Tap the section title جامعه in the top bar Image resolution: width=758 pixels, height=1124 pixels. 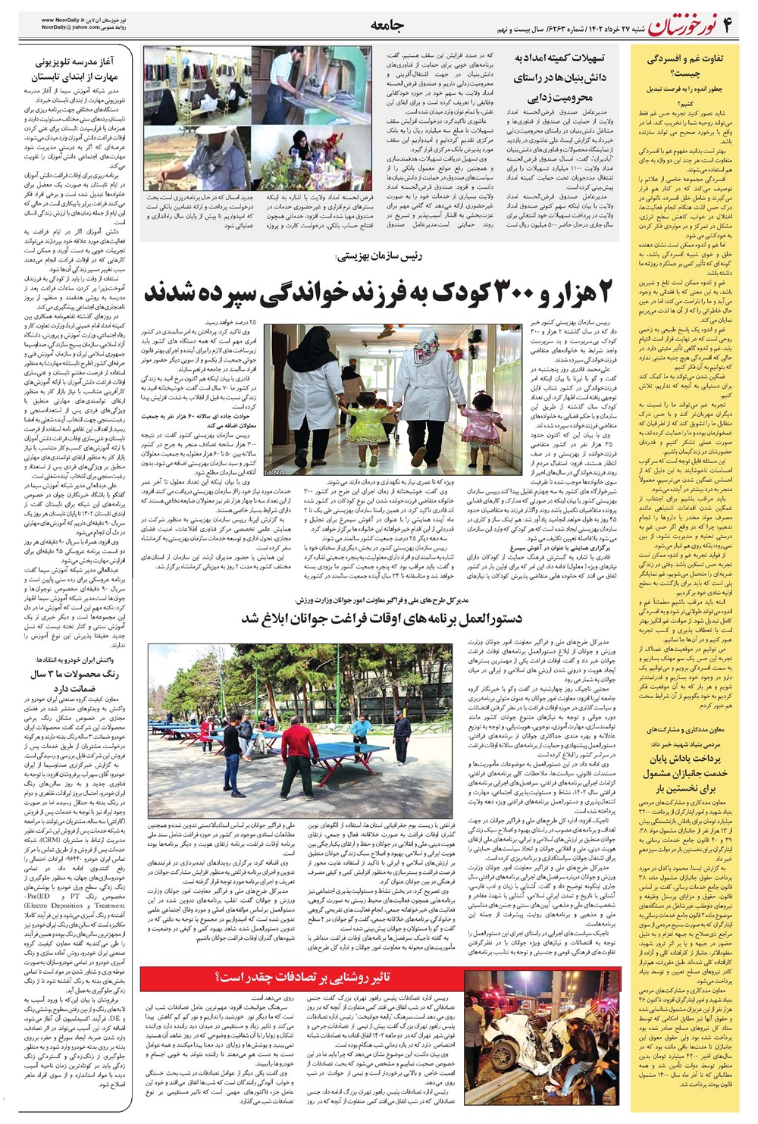pyautogui.click(x=386, y=26)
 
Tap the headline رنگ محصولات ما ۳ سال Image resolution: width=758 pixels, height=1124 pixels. pyautogui.click(x=75, y=674)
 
